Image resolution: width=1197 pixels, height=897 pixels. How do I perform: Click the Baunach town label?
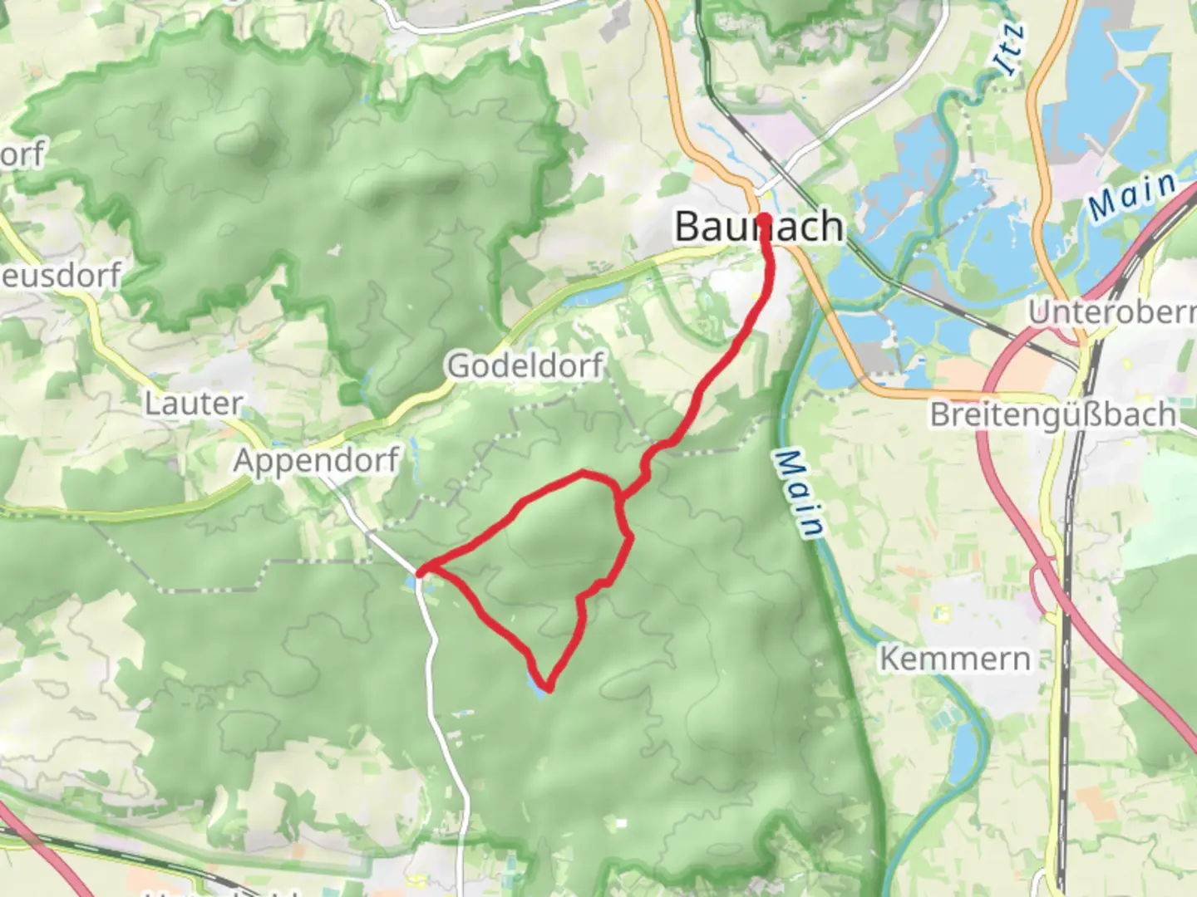pyautogui.click(x=758, y=227)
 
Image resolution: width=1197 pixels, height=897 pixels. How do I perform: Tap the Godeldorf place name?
pyautogui.click(x=525, y=365)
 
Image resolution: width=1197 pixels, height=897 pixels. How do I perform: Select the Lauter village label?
pyautogui.click(x=194, y=404)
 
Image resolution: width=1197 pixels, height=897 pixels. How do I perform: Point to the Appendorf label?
pyautogui.click(x=316, y=460)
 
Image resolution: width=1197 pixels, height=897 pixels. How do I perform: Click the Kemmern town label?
pyautogui.click(x=954, y=659)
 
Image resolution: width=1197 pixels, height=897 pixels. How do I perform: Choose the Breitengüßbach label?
pyautogui.click(x=1052, y=414)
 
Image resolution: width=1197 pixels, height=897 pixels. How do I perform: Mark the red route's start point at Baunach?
pyautogui.click(x=763, y=219)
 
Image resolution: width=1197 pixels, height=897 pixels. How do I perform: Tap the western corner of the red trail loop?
pyautogui.click(x=421, y=571)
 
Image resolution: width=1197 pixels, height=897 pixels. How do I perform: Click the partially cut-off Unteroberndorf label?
pyautogui.click(x=1112, y=312)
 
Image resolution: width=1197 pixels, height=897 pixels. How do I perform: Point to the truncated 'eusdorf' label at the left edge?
pyautogui.click(x=61, y=275)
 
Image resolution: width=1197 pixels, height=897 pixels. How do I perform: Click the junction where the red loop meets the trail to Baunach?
pyautogui.click(x=619, y=498)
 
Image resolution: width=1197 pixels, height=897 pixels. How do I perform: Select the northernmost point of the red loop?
pyautogui.click(x=584, y=473)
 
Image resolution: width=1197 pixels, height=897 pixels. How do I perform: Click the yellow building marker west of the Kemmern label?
pyautogui.click(x=942, y=614)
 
